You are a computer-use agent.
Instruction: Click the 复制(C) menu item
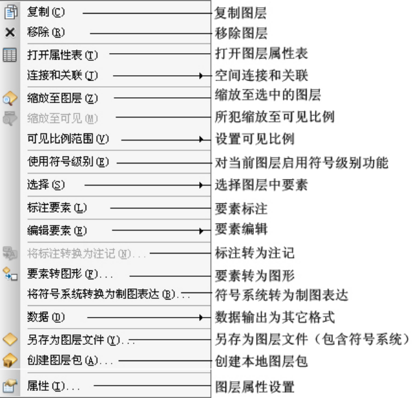pos(46,12)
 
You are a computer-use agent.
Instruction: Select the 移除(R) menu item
pos(46,32)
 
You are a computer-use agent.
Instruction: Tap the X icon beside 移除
pos(10,32)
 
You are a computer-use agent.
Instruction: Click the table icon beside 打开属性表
pos(10,55)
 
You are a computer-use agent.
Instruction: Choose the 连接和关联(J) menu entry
pos(62,75)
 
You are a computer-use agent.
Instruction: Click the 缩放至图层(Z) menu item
pos(62,98)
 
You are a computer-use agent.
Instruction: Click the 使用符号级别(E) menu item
pos(68,162)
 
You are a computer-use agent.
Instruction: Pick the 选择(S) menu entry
pos(46,185)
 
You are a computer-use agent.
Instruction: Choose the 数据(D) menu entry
pos(46,317)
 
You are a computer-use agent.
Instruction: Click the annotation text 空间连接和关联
pos(261,75)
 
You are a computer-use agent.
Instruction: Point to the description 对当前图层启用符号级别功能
pos(301,162)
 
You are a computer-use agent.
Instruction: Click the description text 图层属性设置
pos(254,387)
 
